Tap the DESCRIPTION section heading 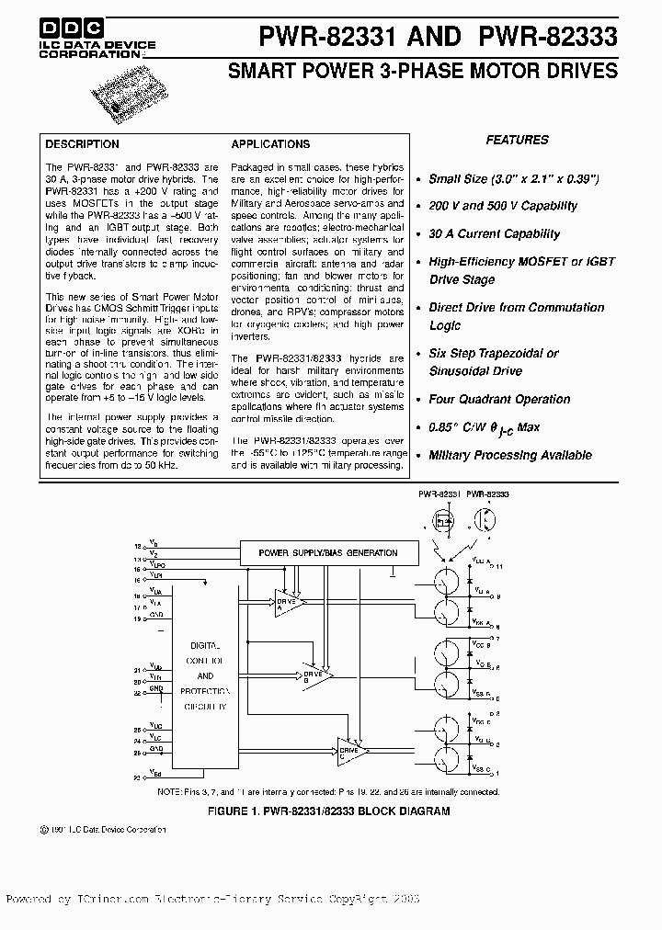[82, 144]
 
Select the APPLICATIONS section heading [270, 144]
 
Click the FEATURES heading [517, 140]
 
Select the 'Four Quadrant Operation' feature [499, 400]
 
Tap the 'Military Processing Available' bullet [510, 456]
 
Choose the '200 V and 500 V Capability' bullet [503, 207]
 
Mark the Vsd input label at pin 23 [154, 774]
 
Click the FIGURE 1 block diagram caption [330, 811]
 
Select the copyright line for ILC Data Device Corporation [103, 829]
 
